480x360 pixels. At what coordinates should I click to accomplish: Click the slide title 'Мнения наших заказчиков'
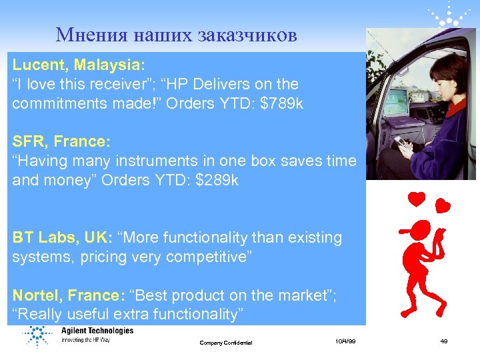tap(176, 35)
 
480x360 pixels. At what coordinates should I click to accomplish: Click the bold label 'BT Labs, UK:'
tap(61, 237)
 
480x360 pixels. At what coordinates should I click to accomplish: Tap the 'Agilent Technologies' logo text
tap(97, 331)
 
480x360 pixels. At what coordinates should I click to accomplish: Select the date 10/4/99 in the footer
tap(345, 341)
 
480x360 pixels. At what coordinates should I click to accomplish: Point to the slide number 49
tap(443, 341)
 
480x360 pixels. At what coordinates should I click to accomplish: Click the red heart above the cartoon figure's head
tap(417, 198)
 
